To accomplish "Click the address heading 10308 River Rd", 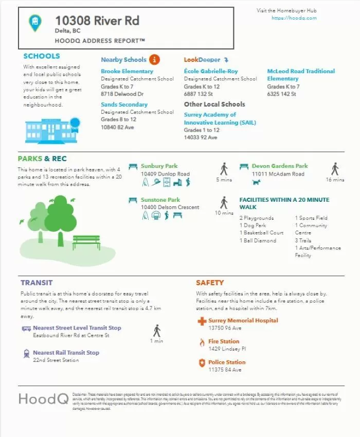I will pyautogui.click(x=97, y=21).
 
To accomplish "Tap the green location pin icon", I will pyautogui.click(x=35, y=22).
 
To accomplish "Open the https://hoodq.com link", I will pyautogui.click(x=294, y=18).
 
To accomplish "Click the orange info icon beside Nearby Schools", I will pyautogui.click(x=154, y=60).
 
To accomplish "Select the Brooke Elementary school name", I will pyautogui.click(x=127, y=71).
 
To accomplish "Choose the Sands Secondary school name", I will pyautogui.click(x=124, y=104).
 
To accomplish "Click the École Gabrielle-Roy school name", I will pyautogui.click(x=211, y=71).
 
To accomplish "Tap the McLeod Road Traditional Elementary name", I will pyautogui.click(x=300, y=75).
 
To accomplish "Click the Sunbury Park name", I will pyautogui.click(x=159, y=166).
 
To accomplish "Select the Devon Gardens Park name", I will pyautogui.click(x=280, y=166).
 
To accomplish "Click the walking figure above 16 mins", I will pyautogui.click(x=335, y=169).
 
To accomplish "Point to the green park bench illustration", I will pyautogui.click(x=86, y=241).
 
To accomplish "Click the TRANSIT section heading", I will pyautogui.click(x=37, y=283).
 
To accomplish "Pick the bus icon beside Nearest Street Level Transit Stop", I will pyautogui.click(x=26, y=328).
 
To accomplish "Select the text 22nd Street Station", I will pyautogui.click(x=56, y=360).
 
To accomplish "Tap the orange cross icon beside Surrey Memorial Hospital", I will pyautogui.click(x=202, y=321).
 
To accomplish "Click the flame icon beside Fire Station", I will pyautogui.click(x=202, y=342).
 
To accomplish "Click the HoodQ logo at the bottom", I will pyautogui.click(x=43, y=398).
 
